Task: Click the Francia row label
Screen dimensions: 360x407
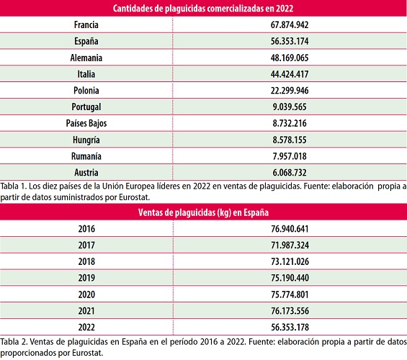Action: [86, 24]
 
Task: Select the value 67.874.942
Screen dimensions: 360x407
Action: [289, 24]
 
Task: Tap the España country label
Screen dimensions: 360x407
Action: [86, 41]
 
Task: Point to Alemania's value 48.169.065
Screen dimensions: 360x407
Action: [289, 58]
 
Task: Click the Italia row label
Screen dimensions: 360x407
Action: [86, 74]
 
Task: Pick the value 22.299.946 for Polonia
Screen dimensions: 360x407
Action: [289, 90]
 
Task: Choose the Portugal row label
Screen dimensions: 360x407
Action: [86, 107]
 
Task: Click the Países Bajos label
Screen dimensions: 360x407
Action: [86, 123]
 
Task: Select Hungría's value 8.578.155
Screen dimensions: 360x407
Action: [289, 140]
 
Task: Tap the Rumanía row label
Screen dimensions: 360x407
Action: [86, 156]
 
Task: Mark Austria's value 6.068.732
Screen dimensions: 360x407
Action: [289, 172]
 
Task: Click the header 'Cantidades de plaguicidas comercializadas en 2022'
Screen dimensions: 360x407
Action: [203, 8]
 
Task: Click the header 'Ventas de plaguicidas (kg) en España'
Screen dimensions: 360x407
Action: [203, 212]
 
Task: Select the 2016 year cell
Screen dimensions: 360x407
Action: [86, 229]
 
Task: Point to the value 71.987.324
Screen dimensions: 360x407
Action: [289, 246]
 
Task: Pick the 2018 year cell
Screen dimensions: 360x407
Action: [86, 261]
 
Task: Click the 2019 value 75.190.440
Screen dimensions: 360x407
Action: [289, 278]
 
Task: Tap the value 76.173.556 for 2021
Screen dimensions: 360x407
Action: [289, 310]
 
